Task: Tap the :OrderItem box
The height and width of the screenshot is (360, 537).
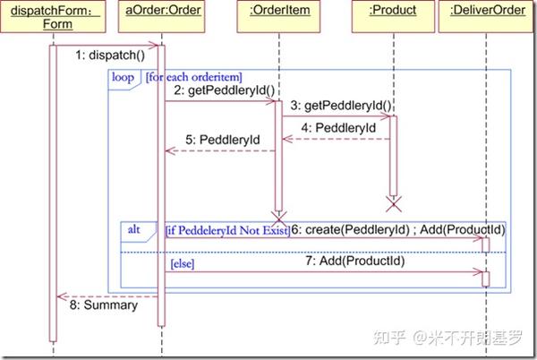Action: [x=279, y=11]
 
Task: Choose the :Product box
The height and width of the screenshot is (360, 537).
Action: [x=392, y=11]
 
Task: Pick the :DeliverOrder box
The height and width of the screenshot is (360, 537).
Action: [x=488, y=11]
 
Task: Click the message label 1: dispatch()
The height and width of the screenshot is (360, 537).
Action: [x=110, y=55]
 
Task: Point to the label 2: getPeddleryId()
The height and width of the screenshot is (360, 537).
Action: [x=224, y=90]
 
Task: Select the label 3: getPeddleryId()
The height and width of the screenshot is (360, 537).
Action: [x=341, y=106]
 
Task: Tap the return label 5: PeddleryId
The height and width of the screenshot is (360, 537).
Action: [x=223, y=141]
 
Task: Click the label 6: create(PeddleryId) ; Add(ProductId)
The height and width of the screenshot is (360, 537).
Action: [x=396, y=230]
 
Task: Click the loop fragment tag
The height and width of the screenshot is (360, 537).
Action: [x=123, y=78]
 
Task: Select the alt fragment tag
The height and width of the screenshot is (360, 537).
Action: [x=134, y=230]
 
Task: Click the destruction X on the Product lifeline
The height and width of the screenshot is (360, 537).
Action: [x=392, y=202]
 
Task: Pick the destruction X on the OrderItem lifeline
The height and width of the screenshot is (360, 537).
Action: [x=278, y=217]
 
